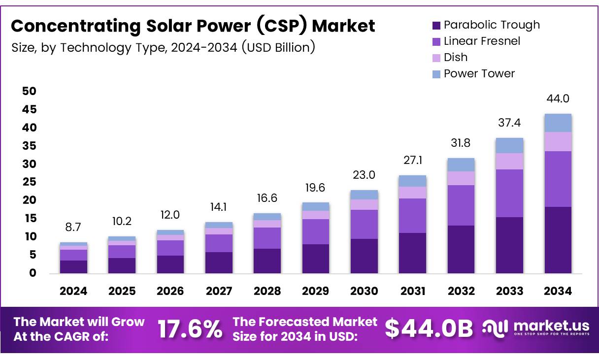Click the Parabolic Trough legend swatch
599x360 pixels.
point(436,25)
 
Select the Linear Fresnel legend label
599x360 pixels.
point(482,41)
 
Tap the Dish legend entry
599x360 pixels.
point(455,58)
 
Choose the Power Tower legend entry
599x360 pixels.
point(479,74)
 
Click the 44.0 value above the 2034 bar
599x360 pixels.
point(558,98)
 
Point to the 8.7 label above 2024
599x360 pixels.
point(73,227)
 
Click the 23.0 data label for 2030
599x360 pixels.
point(364,175)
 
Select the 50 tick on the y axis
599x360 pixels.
point(30,91)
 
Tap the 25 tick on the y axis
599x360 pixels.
point(30,182)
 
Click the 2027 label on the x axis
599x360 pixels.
point(219,291)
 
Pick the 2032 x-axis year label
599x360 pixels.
point(461,291)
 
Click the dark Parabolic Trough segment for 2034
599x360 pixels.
point(558,240)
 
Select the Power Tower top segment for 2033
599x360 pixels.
point(509,145)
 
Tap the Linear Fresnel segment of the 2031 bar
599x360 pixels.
point(412,216)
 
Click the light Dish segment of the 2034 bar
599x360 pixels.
point(558,141)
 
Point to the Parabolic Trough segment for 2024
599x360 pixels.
point(73,266)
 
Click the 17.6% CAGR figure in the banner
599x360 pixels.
point(190,329)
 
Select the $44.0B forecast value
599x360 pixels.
point(429,329)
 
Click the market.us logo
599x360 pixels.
point(536,328)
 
